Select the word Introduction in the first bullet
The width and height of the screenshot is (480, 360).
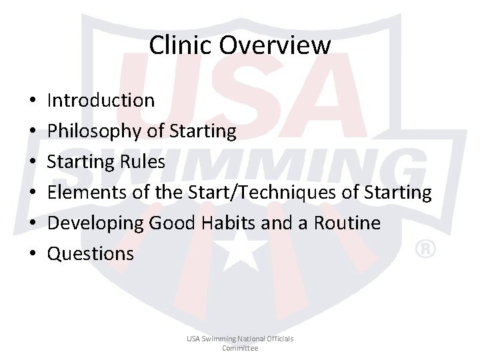101,101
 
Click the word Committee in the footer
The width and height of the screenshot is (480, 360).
240,348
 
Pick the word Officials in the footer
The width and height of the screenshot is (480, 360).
278,339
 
